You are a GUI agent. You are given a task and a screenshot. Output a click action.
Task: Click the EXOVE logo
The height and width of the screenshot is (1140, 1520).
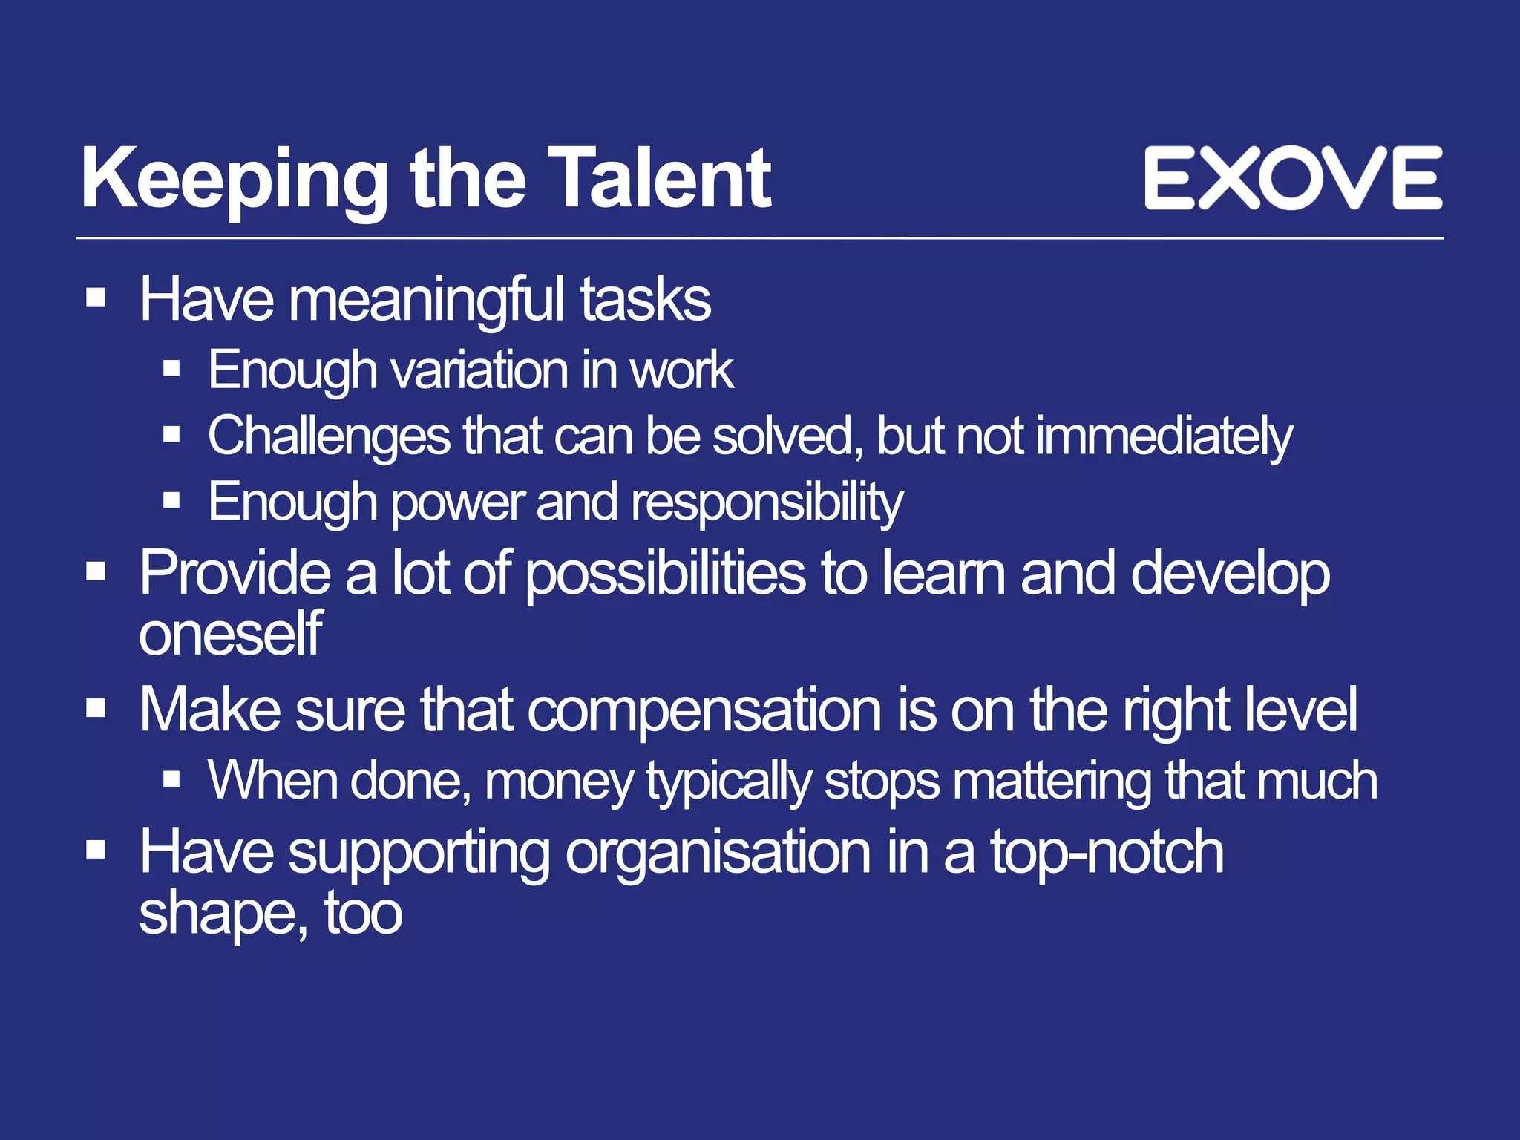[1293, 178]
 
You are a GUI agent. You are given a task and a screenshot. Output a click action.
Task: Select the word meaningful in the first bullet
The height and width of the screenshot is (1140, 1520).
[426, 301]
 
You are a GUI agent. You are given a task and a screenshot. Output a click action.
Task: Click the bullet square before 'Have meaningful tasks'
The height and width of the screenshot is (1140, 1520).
[96, 298]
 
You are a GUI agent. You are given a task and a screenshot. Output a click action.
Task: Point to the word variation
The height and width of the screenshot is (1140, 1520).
[479, 370]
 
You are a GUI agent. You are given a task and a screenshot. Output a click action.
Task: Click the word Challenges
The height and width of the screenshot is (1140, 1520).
[329, 436]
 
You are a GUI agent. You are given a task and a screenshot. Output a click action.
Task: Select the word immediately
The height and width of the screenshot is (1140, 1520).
[1163, 436]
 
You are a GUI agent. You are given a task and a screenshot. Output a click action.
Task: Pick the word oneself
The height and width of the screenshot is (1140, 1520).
[230, 635]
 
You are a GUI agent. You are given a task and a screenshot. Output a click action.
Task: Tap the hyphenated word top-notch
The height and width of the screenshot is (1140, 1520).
[1107, 852]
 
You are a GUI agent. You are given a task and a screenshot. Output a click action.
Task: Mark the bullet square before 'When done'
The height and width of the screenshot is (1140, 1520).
[172, 779]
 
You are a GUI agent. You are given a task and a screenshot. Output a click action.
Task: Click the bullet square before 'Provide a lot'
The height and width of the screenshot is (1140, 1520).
[96, 571]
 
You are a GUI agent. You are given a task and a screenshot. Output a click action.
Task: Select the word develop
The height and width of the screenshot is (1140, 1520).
[1230, 574]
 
